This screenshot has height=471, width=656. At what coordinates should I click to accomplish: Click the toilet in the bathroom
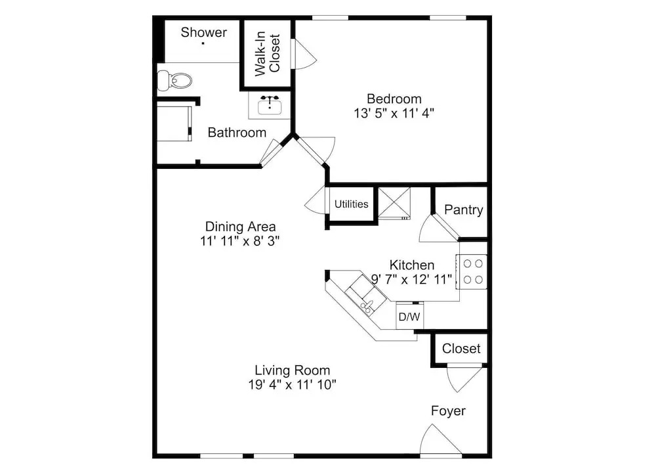tap(174, 80)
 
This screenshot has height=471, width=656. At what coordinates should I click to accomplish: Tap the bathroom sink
tap(270, 104)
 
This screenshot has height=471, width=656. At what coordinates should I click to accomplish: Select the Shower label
tap(204, 32)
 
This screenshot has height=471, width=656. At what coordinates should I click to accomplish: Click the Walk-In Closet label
tap(267, 53)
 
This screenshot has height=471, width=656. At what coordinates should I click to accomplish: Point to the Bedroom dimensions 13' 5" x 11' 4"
tap(394, 113)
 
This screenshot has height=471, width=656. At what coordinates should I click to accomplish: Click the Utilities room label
tap(352, 204)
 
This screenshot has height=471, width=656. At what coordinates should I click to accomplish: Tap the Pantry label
tap(464, 210)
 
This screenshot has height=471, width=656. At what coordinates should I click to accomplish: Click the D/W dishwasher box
tap(409, 316)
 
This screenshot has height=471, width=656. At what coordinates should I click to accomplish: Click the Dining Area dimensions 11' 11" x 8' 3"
tap(239, 241)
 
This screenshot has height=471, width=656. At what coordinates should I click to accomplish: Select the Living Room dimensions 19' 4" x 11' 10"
tap(292, 384)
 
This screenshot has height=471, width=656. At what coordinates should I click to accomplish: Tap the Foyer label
tap(448, 411)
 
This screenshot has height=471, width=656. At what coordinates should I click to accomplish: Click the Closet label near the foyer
tap(461, 348)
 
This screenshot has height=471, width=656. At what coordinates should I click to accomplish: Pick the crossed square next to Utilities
tap(394, 203)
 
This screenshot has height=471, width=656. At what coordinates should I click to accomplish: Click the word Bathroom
tap(237, 133)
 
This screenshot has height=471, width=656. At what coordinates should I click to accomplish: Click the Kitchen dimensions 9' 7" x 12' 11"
tap(412, 279)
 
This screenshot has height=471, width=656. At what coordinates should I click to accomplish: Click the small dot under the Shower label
tap(203, 43)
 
